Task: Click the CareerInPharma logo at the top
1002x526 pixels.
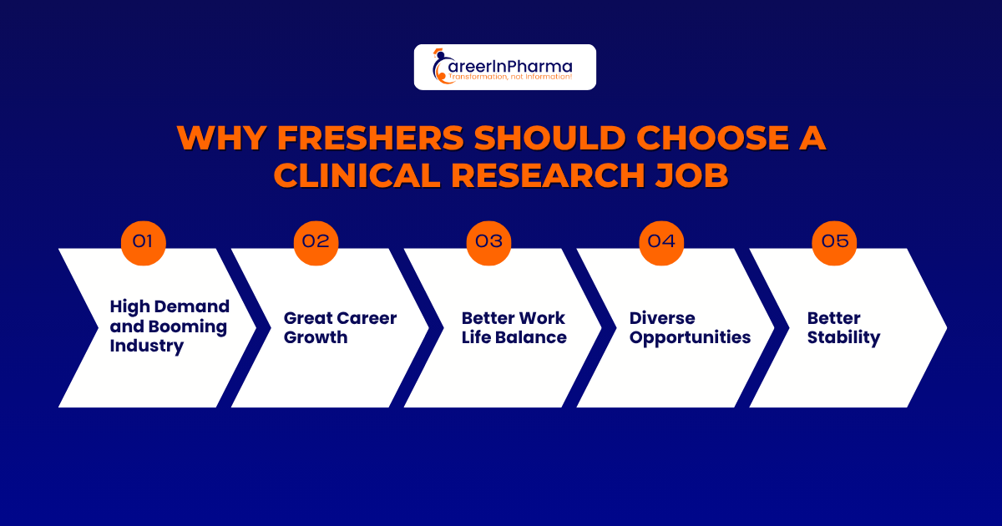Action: (504, 67)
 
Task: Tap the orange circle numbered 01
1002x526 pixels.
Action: (144, 242)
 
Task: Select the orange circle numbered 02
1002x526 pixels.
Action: (316, 242)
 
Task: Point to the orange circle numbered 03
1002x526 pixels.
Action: (489, 242)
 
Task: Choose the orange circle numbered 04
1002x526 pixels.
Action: (661, 242)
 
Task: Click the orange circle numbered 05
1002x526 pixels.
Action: (834, 242)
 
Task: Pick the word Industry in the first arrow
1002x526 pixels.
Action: (146, 346)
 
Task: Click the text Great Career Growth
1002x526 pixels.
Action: (340, 327)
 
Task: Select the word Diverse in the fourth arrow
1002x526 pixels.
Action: (662, 318)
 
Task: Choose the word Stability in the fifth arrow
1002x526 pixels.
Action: (843, 337)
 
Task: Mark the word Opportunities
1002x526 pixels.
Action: (690, 337)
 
